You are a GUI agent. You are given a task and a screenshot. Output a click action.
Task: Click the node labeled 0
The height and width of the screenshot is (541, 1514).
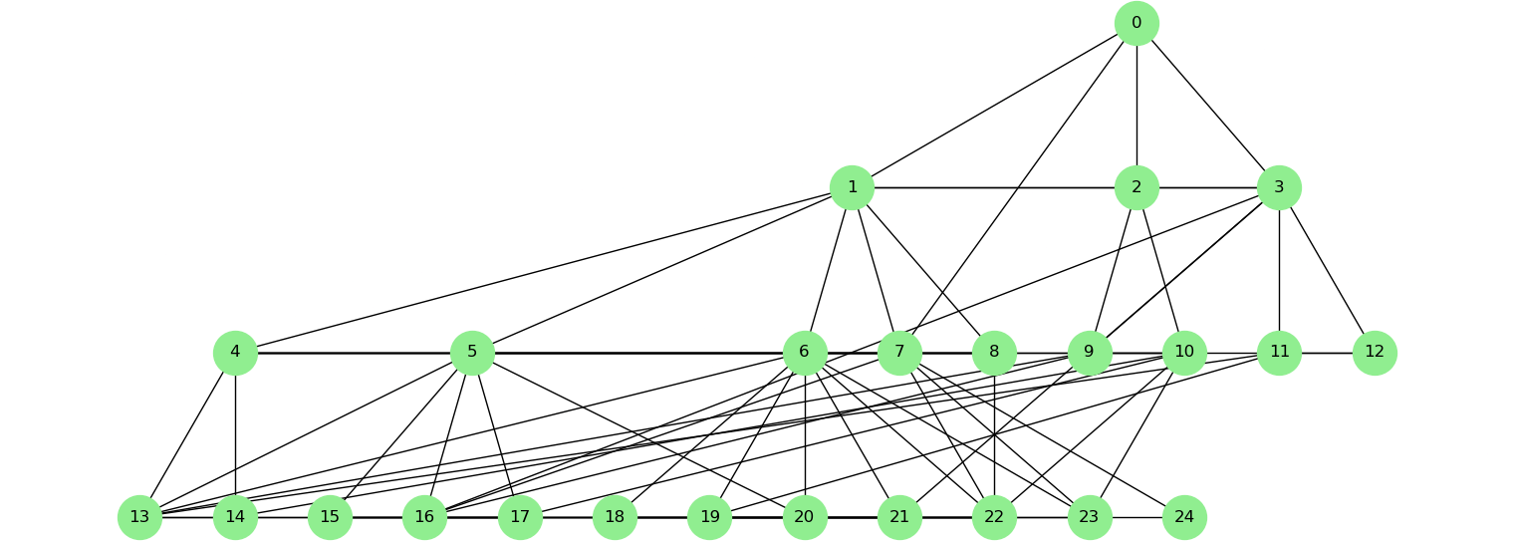click(1136, 23)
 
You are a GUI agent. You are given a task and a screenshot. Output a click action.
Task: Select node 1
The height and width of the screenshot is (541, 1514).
click(852, 187)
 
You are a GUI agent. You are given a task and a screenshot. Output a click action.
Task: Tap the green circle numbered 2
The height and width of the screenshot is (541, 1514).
click(1136, 187)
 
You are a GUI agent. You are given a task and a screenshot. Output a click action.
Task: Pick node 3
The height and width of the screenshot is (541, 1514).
click(1279, 187)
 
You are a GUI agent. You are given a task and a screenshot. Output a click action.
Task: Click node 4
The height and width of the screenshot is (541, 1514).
click(235, 352)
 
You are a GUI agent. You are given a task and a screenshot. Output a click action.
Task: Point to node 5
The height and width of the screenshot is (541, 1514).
click(472, 352)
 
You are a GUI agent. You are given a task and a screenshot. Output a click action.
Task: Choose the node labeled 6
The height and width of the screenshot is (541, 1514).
click(804, 352)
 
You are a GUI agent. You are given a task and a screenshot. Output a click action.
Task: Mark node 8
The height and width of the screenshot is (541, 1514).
click(994, 352)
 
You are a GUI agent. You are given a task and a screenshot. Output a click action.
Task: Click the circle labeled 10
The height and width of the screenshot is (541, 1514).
click(1184, 352)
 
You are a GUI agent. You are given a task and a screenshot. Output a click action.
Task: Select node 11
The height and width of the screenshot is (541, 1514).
click(1279, 352)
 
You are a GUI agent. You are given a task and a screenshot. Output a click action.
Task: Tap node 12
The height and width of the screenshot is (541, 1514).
click(1375, 352)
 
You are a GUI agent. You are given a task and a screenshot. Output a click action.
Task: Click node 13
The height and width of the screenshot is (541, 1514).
click(139, 517)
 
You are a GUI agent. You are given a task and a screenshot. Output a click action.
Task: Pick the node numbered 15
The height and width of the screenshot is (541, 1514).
click(330, 517)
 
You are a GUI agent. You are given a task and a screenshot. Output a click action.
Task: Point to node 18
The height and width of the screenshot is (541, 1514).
click(615, 517)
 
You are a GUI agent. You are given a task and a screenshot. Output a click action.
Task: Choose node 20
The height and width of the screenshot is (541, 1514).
click(804, 517)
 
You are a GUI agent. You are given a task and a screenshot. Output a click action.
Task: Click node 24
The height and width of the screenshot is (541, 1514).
click(1184, 517)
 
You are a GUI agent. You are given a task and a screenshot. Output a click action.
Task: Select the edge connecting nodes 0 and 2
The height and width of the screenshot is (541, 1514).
click(1136, 105)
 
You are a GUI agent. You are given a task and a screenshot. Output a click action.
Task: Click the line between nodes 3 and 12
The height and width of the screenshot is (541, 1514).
click(1327, 269)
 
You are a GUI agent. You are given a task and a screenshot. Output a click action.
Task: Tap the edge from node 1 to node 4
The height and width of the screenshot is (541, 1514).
click(543, 269)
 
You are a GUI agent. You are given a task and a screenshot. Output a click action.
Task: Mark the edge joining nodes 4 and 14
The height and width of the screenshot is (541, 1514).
click(235, 434)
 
